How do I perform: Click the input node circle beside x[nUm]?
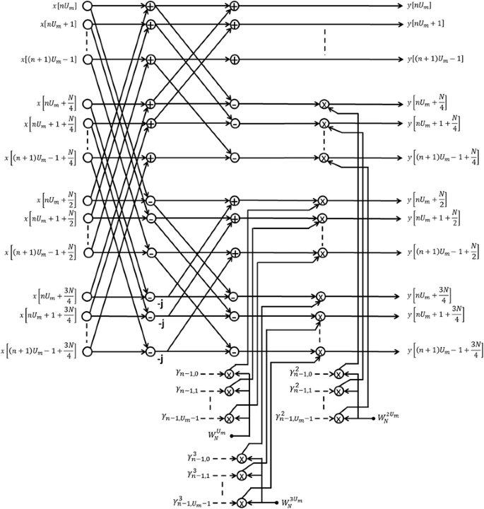[x=88, y=6]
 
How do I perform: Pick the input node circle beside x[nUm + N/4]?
[x=88, y=105]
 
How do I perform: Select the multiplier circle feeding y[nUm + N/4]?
[x=324, y=105]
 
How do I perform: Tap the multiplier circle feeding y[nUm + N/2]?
[x=322, y=201]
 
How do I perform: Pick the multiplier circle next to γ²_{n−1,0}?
[x=338, y=374]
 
